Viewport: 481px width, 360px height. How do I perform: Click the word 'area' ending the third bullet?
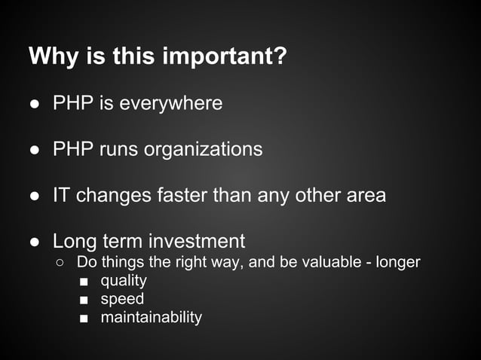point(365,195)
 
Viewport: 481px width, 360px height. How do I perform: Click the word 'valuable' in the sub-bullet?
point(326,262)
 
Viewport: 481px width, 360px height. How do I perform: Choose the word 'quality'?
point(124,281)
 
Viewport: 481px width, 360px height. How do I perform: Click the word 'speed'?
point(122,299)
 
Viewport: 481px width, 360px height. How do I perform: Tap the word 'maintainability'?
point(151,317)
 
